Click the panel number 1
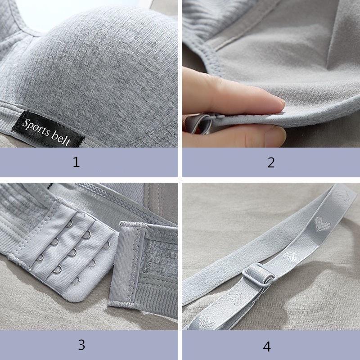[x=76, y=162]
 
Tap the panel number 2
[x=271, y=162]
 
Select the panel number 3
[x=81, y=345]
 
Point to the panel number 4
[x=267, y=346]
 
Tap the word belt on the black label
[x=61, y=139]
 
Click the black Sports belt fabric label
[x=48, y=130]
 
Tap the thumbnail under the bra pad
[x=275, y=137]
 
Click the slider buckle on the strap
[x=259, y=275]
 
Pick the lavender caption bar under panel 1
[x=89, y=162]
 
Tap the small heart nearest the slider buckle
[x=290, y=256]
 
